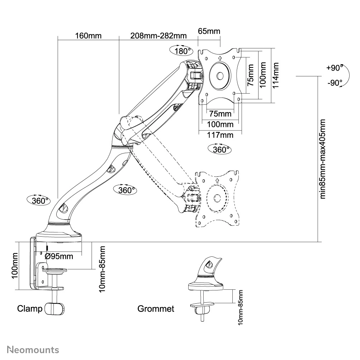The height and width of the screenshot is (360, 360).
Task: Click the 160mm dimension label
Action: coord(89,35)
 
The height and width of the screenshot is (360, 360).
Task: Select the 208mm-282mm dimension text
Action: coord(158,35)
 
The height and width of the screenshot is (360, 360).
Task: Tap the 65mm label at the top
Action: coord(209,31)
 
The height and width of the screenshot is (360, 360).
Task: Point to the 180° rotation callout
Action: coord(181,51)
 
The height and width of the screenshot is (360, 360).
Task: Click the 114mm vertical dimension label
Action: coord(275,75)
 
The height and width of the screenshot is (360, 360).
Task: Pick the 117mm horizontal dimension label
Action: coord(220,135)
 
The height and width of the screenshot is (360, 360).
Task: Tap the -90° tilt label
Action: coord(335,83)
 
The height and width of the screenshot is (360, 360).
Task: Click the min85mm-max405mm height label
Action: coord(323,159)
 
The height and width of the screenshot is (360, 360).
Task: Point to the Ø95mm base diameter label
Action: coord(59,256)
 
